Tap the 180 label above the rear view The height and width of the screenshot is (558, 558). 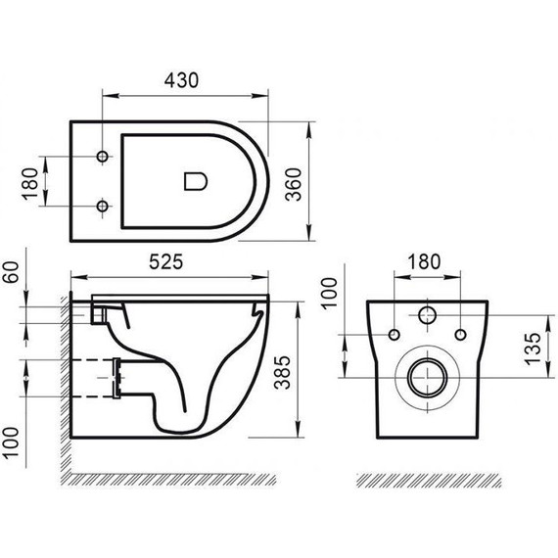423,264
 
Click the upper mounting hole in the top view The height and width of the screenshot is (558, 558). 102,158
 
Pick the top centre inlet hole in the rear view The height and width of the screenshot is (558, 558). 428,316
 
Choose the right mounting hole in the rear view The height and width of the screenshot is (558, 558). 460,335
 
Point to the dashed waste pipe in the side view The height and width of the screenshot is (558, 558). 98,376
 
